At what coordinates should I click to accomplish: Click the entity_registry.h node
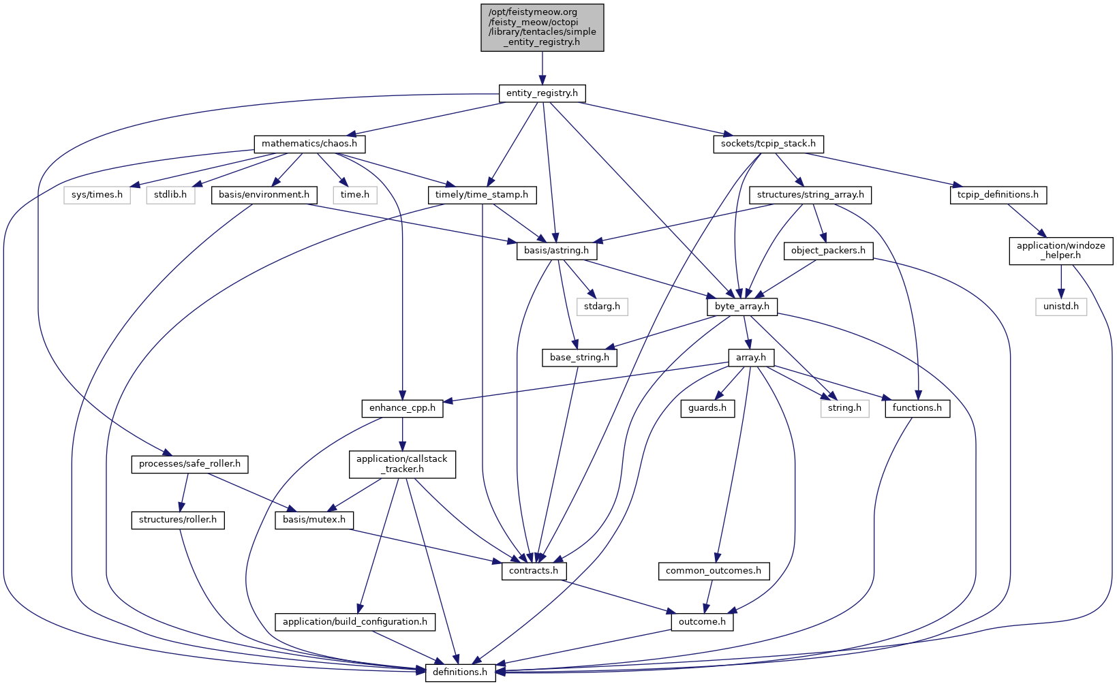[x=542, y=93]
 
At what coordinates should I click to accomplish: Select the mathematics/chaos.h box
[x=309, y=144]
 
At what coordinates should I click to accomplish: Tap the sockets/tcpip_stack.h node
[x=768, y=144]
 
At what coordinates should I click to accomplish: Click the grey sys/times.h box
[x=97, y=195]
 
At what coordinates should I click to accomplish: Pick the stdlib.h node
[x=170, y=195]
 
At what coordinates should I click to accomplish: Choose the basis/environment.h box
[x=264, y=195]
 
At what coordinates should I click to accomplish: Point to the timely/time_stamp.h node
[x=482, y=195]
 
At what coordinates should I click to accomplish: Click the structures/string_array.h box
[x=810, y=195]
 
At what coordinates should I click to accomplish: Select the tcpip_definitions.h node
[x=998, y=195]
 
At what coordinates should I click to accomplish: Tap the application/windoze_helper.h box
[x=1060, y=251]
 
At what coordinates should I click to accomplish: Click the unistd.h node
[x=1061, y=307]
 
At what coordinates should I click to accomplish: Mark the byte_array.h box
[x=741, y=307]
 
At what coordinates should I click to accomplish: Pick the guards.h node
[x=707, y=408]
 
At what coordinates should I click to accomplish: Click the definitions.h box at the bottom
[x=461, y=672]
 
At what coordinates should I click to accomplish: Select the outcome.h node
[x=702, y=622]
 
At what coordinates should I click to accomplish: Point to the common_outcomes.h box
[x=714, y=571]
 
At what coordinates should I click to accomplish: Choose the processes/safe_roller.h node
[x=189, y=465]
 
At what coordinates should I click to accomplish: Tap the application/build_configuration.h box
[x=355, y=622]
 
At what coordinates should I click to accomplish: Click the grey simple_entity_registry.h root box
[x=542, y=27]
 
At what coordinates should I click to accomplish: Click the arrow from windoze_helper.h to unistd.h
[x=1061, y=282]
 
